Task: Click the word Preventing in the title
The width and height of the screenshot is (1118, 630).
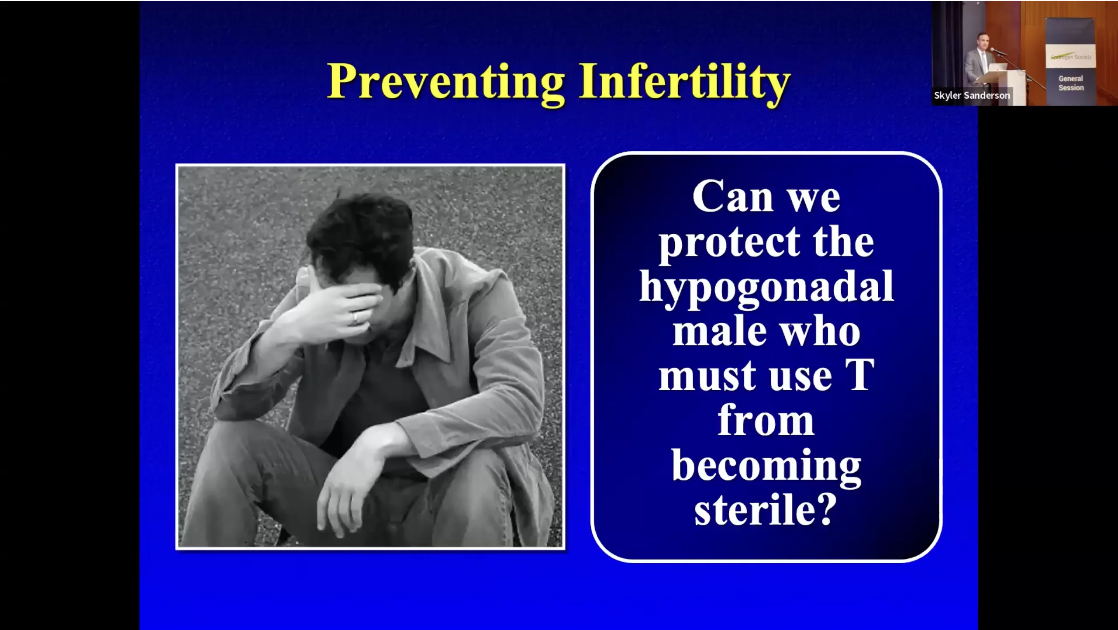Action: [446, 82]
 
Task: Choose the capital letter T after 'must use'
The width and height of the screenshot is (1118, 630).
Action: [859, 375]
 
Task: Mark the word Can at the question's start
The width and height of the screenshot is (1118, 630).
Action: [733, 197]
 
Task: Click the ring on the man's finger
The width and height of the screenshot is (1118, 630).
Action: [355, 317]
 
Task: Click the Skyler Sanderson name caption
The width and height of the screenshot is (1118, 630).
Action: [972, 95]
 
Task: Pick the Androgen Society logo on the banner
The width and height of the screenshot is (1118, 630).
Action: [1070, 57]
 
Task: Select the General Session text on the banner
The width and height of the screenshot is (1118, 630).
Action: [1071, 83]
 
